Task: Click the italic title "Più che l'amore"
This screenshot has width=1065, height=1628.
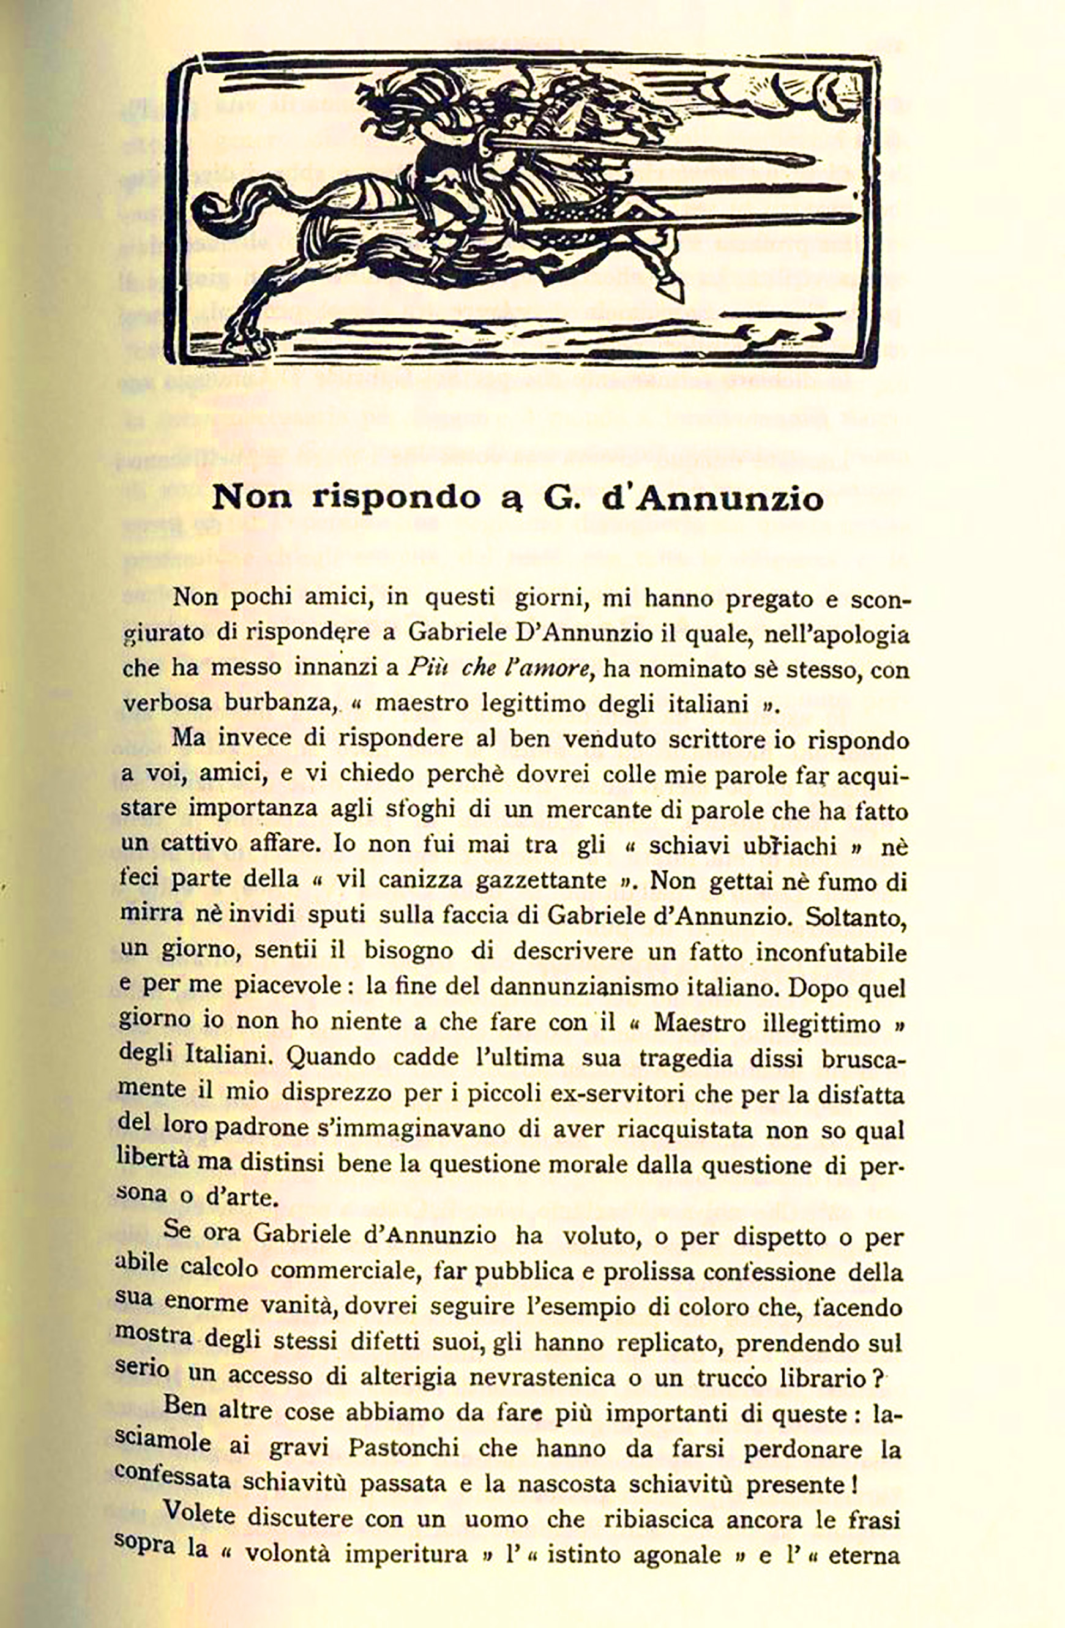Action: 499,668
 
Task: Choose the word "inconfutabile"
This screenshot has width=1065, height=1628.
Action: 831,952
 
